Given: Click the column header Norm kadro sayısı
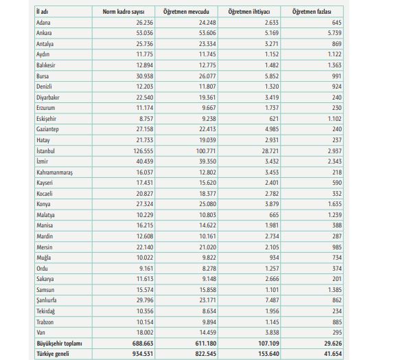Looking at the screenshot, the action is click(x=124, y=12).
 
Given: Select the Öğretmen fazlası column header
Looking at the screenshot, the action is click(x=312, y=12).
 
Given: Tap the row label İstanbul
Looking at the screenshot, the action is click(x=45, y=151).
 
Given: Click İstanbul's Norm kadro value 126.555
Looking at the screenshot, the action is click(x=143, y=151).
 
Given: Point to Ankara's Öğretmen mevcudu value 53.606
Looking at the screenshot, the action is click(x=207, y=33).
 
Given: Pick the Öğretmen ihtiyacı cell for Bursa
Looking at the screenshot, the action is click(x=272, y=76).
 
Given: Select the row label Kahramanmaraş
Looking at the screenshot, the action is click(x=54, y=172).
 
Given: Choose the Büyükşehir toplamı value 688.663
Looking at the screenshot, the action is click(x=143, y=344).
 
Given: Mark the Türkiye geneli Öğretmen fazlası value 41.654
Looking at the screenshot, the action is click(x=333, y=354).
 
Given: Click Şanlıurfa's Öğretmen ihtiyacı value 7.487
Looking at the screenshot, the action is click(x=272, y=300).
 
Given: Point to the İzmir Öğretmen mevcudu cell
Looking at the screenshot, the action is click(x=207, y=161).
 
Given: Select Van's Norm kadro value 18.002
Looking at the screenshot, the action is click(x=145, y=333).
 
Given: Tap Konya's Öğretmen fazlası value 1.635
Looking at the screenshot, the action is click(x=335, y=204).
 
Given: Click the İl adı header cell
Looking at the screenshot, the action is click(x=43, y=12).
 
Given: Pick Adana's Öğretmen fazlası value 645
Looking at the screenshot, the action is click(x=337, y=23).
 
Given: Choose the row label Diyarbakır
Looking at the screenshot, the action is click(x=48, y=98).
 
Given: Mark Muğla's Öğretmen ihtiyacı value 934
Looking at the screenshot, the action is click(x=274, y=258).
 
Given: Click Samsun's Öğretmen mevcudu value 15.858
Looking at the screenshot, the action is click(x=208, y=290).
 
